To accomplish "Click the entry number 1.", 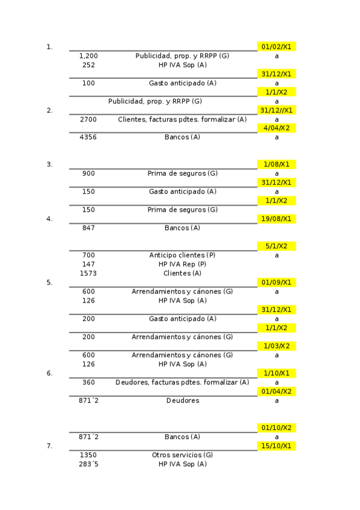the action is pyautogui.click(x=49, y=47).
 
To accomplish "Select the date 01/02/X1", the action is pyautogui.click(x=276, y=47).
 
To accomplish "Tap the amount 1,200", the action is pyautogui.click(x=88, y=56).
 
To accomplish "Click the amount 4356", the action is pyautogui.click(x=88, y=137).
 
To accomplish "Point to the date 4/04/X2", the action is pyautogui.click(x=276, y=128).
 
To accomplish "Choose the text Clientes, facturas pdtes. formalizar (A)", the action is pyautogui.click(x=182, y=119).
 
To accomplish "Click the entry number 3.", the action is pyautogui.click(x=49, y=164).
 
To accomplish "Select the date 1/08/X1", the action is pyautogui.click(x=276, y=164).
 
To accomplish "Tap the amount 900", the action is pyautogui.click(x=88, y=173).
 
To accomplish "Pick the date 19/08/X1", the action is pyautogui.click(x=276, y=219).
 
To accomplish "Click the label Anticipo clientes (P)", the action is pyautogui.click(x=182, y=255).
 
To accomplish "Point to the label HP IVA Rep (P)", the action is pyautogui.click(x=182, y=264).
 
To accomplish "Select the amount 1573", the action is pyautogui.click(x=88, y=273).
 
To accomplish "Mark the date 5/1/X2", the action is pyautogui.click(x=276, y=246).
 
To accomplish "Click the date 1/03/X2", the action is pyautogui.click(x=276, y=346).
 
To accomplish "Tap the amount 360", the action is pyautogui.click(x=88, y=382).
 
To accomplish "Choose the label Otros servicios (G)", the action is pyautogui.click(x=182, y=455).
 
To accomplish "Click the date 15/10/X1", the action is pyautogui.click(x=276, y=446).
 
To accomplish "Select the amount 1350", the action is pyautogui.click(x=88, y=455).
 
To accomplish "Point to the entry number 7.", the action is pyautogui.click(x=49, y=446).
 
